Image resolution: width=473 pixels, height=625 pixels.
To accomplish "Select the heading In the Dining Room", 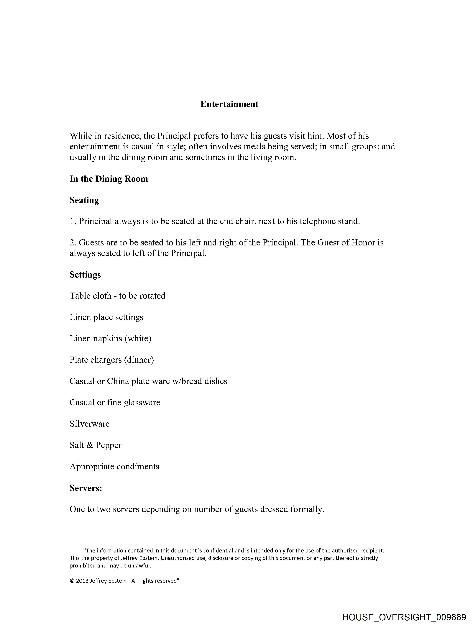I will (x=109, y=179).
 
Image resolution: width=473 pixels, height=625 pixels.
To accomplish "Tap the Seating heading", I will (x=84, y=200).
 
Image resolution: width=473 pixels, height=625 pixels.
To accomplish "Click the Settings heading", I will (x=85, y=275).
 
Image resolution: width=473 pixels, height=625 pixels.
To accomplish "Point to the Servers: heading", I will (x=86, y=488).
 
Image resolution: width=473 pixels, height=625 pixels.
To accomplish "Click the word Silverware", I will (x=90, y=424).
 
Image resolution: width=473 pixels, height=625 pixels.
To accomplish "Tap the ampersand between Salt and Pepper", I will (x=90, y=445).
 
